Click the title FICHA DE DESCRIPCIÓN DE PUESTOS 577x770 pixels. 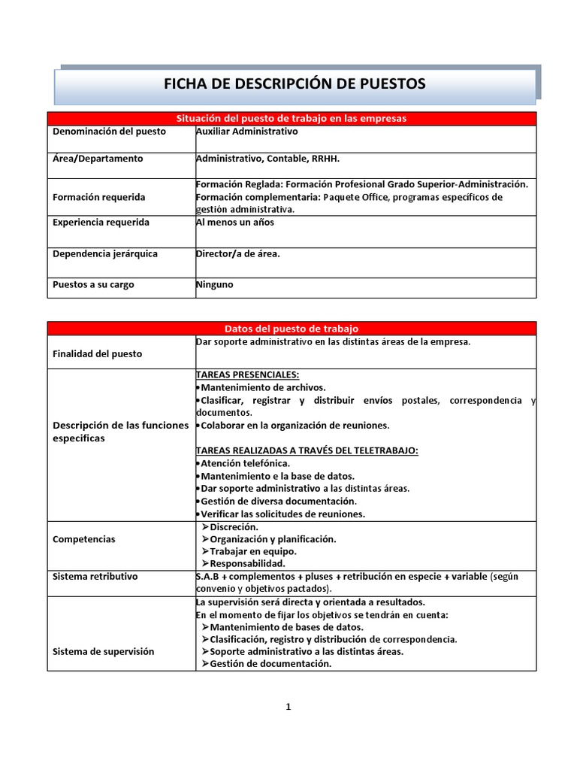click(295, 83)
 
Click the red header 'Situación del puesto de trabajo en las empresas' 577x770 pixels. click(292, 119)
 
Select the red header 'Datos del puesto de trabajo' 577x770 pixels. click(292, 329)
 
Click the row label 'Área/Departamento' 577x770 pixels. click(98, 159)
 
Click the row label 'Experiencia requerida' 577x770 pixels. click(101, 223)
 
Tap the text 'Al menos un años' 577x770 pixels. click(234, 223)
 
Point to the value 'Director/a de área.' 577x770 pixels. click(237, 254)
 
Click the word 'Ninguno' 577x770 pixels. click(215, 286)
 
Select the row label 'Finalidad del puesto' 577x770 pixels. click(97, 353)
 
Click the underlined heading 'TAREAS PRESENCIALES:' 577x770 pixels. click(247, 374)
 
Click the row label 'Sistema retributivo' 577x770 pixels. click(95, 577)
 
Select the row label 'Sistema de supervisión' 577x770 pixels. click(103, 651)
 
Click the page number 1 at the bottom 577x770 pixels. click(288, 707)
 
